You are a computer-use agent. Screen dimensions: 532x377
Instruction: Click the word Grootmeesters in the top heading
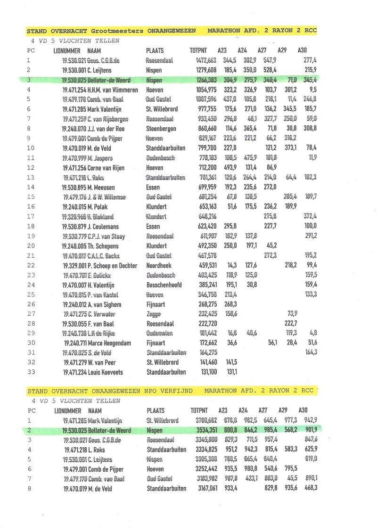tap(117, 31)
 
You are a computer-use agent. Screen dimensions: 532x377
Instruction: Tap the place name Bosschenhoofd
tap(164, 285)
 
